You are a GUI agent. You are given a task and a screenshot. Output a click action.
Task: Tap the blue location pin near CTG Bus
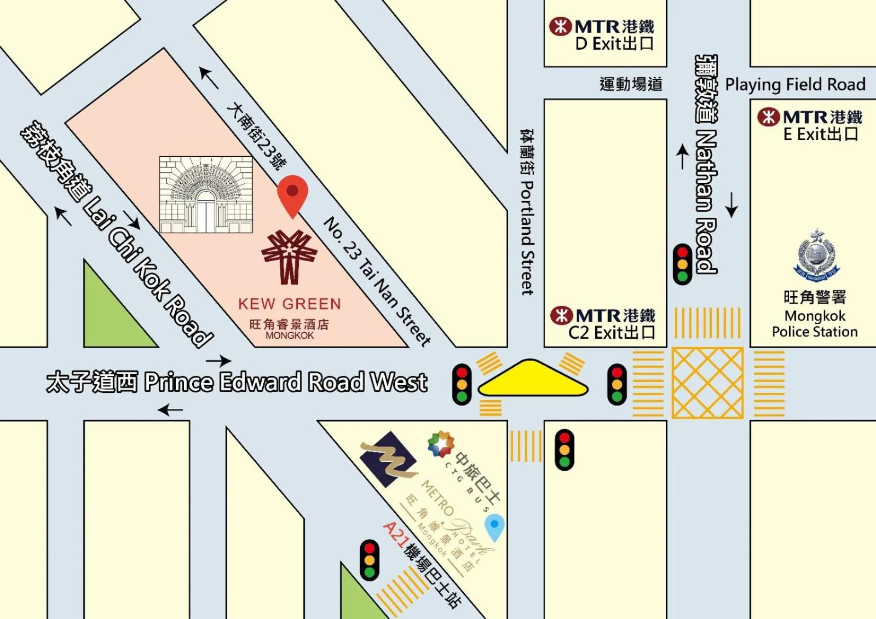point(494,527)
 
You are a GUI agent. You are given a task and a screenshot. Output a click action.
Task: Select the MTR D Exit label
point(603,34)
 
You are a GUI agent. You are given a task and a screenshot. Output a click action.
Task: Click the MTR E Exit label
point(811,125)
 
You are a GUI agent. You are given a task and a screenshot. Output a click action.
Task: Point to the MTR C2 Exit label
point(603,324)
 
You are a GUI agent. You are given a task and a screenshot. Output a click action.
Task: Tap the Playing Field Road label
point(795,84)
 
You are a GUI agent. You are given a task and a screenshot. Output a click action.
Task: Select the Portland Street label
point(527,213)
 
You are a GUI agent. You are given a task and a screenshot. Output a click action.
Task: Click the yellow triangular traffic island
point(532,379)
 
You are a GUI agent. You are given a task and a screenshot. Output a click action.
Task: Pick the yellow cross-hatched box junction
point(707,383)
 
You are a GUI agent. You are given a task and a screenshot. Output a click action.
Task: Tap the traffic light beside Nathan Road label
point(682,264)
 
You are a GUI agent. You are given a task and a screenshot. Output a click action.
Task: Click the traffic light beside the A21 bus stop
point(370,559)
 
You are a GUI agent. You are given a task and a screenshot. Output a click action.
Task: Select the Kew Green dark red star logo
point(289,256)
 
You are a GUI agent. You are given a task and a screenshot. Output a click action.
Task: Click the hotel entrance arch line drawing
point(206,194)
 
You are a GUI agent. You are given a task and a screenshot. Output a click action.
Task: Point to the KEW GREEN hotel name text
point(289,304)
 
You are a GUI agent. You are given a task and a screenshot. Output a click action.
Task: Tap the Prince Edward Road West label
point(237,381)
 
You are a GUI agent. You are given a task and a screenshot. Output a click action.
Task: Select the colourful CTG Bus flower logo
point(441,444)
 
